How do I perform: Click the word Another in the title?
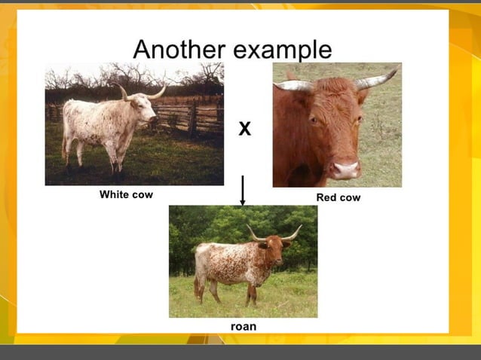[x=179, y=49]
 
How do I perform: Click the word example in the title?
[x=283, y=50]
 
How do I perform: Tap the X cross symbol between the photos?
[x=244, y=130]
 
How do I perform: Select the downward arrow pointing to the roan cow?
[x=242, y=192]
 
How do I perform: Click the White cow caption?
[x=126, y=194]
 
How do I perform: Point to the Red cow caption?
[x=339, y=197]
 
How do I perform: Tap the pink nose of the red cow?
[x=346, y=169]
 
